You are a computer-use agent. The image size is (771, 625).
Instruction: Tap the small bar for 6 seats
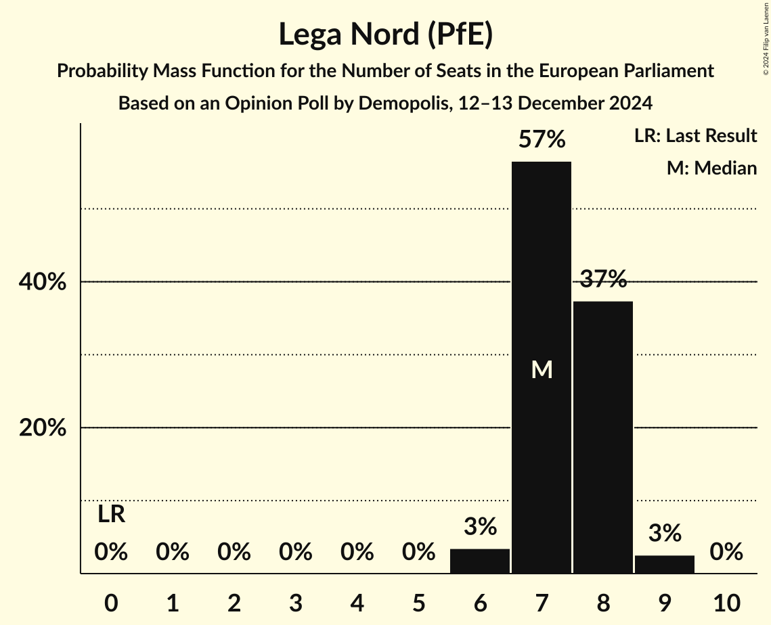pyautogui.click(x=480, y=561)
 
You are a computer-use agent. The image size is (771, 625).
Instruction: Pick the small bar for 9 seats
pyautogui.click(x=665, y=564)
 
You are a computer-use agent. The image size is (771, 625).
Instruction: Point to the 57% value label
pyautogui.click(x=542, y=140)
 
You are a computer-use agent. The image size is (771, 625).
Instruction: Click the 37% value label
pyautogui.click(x=603, y=279)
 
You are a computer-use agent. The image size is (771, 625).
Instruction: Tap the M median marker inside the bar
pyautogui.click(x=542, y=369)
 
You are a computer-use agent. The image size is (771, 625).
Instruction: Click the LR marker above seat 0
pyautogui.click(x=111, y=515)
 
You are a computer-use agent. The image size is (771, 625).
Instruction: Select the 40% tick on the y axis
pyautogui.click(x=43, y=282)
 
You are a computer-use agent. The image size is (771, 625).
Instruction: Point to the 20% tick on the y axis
pyautogui.click(x=43, y=428)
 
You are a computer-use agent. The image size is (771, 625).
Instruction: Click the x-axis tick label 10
pyautogui.click(x=726, y=602)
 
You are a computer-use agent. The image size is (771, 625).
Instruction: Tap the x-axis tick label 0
pyautogui.click(x=111, y=602)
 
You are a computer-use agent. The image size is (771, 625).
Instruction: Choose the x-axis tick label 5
pyautogui.click(x=418, y=602)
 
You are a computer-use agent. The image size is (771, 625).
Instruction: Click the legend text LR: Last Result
pyautogui.click(x=695, y=136)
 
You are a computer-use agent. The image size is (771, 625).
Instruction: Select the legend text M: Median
pyautogui.click(x=711, y=168)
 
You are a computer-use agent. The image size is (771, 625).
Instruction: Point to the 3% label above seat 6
pyautogui.click(x=480, y=527)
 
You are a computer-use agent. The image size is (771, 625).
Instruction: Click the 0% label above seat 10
pyautogui.click(x=726, y=553)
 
